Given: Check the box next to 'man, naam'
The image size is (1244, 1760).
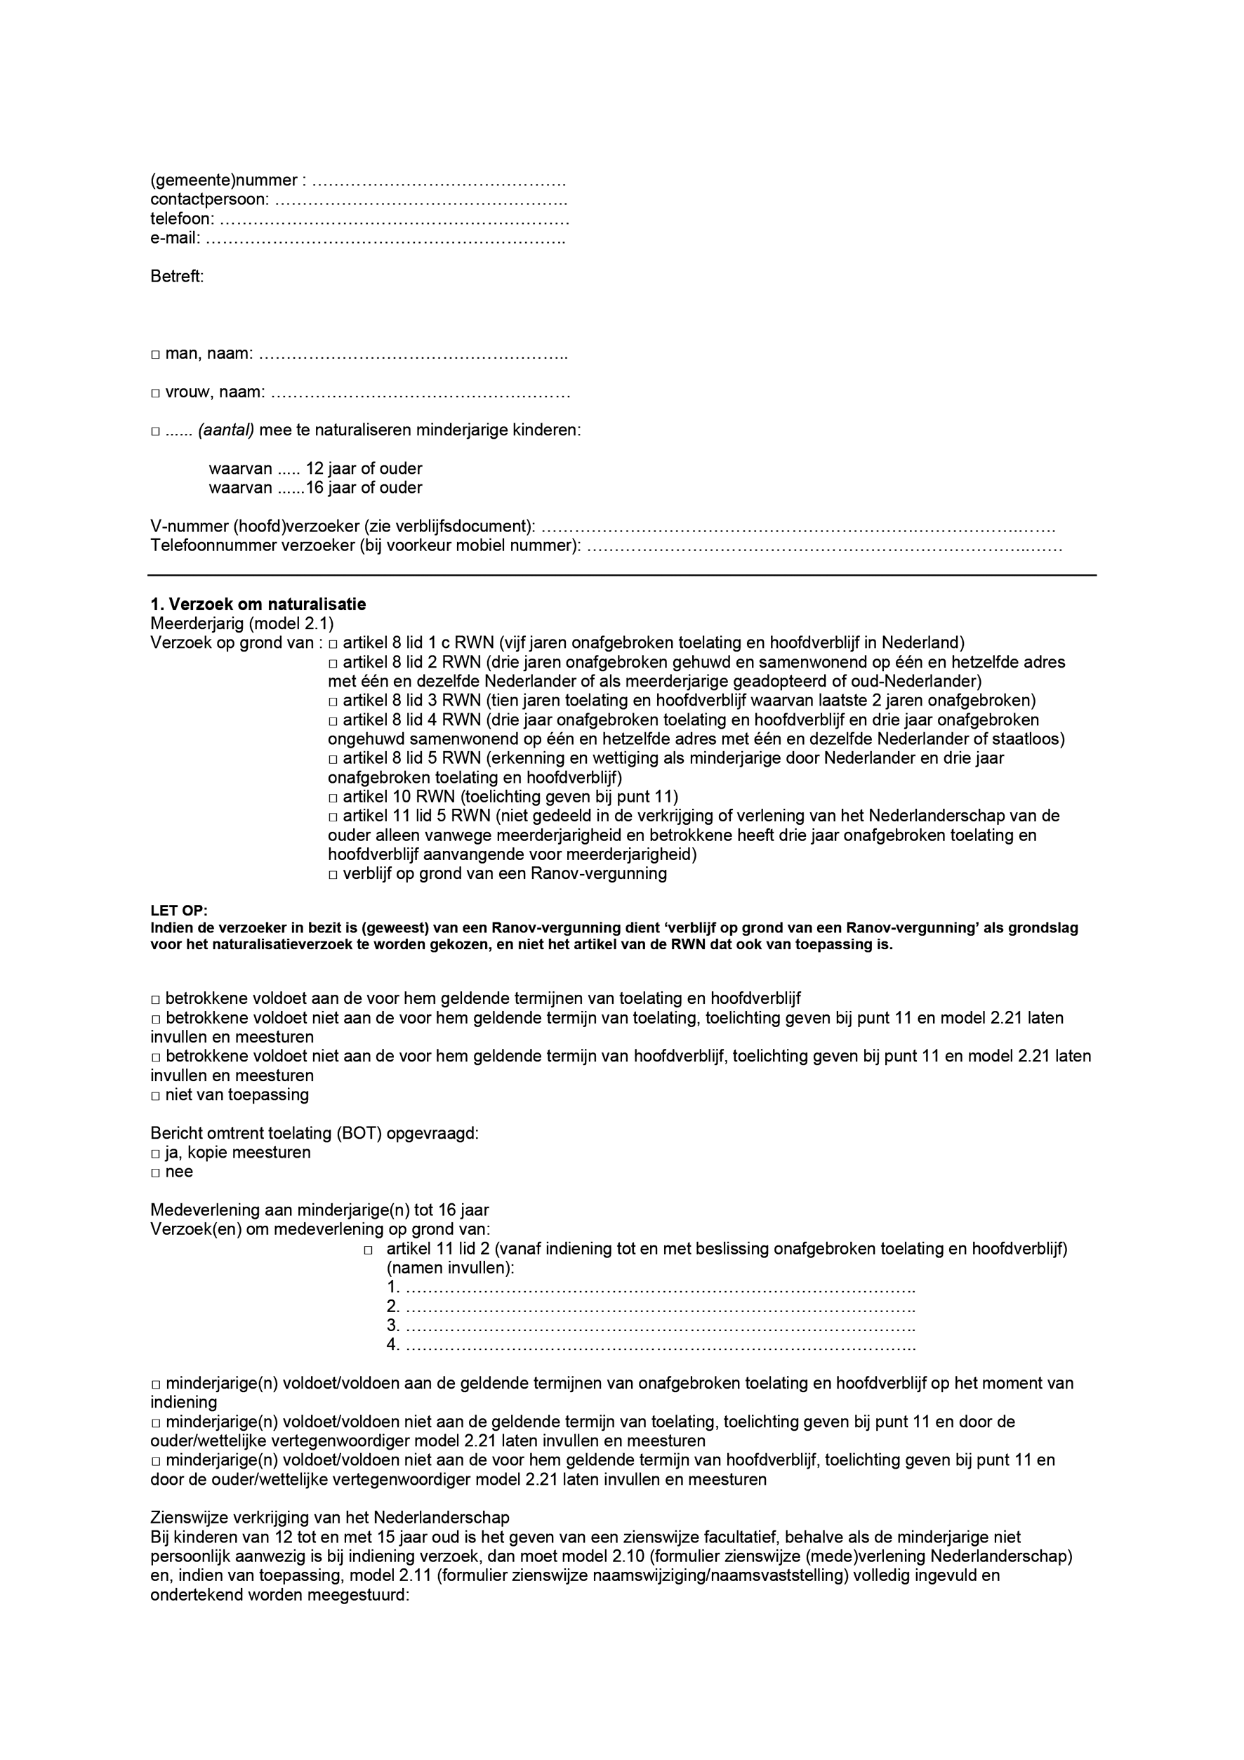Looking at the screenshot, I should click(x=155, y=355).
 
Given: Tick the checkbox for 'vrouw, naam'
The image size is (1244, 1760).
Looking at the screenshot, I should click(x=155, y=393).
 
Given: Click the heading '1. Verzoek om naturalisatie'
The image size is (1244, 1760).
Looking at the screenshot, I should click(x=258, y=604).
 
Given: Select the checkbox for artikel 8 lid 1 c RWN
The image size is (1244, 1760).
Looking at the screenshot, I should click(x=333, y=643).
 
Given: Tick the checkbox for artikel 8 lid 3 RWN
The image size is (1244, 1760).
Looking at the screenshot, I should click(x=333, y=701).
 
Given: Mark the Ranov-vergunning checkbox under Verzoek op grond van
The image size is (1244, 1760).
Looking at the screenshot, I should click(x=333, y=875).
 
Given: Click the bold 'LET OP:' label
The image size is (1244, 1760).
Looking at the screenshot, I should click(x=178, y=911).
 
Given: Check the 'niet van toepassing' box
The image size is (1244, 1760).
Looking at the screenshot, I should click(x=155, y=1095).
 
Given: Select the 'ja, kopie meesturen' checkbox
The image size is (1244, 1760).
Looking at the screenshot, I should click(x=155, y=1153).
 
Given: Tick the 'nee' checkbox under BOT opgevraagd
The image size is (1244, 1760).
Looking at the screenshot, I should click(x=155, y=1173).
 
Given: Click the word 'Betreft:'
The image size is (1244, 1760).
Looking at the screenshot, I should click(x=177, y=277).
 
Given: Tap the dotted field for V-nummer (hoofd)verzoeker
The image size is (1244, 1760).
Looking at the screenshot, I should click(x=797, y=528).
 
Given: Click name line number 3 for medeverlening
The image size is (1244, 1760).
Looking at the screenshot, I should click(x=659, y=1327).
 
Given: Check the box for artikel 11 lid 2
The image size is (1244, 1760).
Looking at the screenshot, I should click(x=369, y=1250).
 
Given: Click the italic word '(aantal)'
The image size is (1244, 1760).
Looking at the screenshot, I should click(x=226, y=431).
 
